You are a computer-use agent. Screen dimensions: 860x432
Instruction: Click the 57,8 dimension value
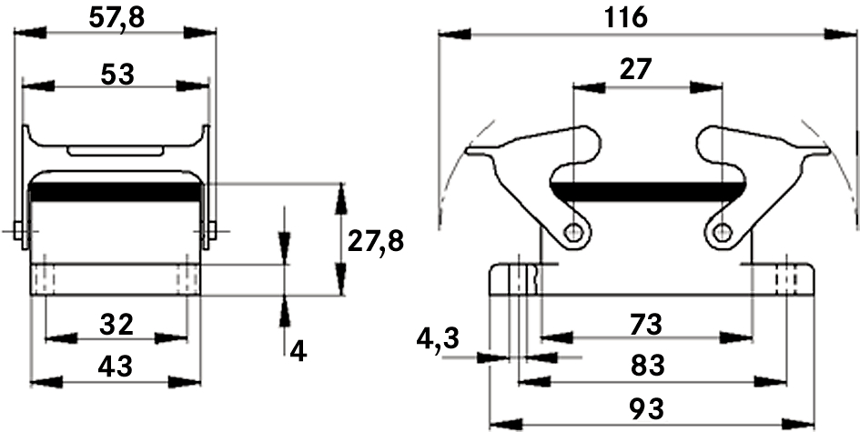[116, 18]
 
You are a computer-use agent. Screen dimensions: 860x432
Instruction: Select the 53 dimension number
[117, 74]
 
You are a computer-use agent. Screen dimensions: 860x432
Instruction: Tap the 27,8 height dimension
[376, 241]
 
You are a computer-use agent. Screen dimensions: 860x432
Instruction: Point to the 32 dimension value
[116, 325]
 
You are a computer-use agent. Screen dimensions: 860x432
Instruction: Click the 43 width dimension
[116, 367]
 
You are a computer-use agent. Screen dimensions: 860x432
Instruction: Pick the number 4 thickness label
[298, 351]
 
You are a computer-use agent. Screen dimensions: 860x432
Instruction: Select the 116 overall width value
[625, 18]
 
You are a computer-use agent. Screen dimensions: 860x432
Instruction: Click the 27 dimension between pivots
[636, 70]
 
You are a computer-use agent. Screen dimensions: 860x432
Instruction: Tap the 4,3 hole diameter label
[437, 340]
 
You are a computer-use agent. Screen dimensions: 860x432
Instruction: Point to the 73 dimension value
[646, 325]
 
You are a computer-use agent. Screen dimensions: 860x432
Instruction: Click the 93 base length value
[647, 409]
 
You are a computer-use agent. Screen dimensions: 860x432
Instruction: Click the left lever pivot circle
[573, 233]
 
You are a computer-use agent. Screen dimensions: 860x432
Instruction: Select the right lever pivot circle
[722, 233]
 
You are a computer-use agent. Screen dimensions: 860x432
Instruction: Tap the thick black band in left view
[116, 192]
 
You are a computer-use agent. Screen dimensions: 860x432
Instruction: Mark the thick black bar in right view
[648, 191]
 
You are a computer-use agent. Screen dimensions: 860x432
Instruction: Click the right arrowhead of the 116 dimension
[841, 34]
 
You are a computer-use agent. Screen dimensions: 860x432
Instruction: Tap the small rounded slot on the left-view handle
[116, 151]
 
